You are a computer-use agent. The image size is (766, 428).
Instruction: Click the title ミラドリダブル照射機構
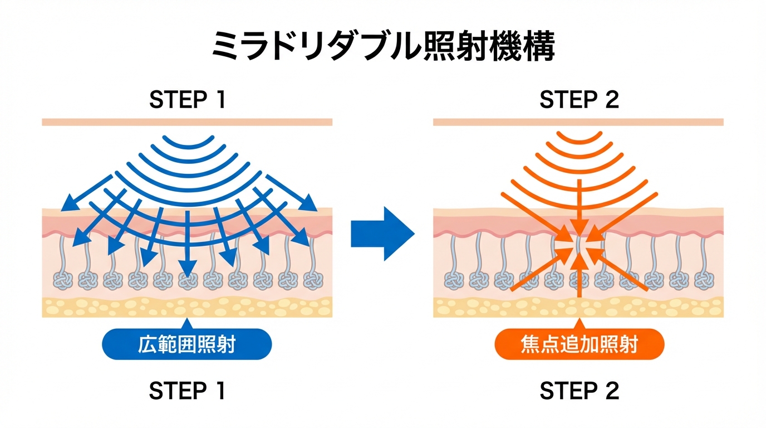click(x=383, y=47)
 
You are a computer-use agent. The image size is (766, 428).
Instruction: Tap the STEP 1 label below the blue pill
click(x=188, y=391)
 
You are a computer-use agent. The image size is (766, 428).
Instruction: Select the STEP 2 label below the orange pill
click(x=579, y=391)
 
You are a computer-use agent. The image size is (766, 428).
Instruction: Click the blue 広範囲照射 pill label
click(x=186, y=344)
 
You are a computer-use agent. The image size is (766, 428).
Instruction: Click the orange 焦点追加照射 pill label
click(x=579, y=344)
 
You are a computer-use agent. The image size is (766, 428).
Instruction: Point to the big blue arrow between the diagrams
click(x=382, y=233)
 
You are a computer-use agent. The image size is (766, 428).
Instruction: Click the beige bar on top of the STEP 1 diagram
click(x=187, y=122)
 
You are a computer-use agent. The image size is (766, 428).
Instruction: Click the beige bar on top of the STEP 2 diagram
click(x=578, y=122)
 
